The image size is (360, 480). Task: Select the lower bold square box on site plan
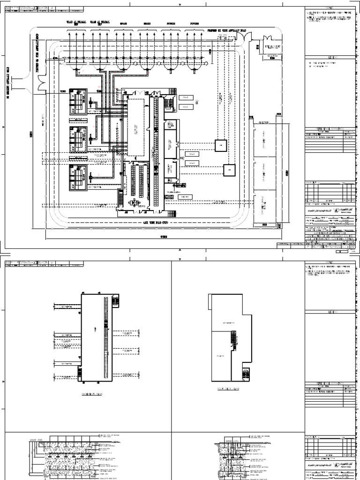229,169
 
